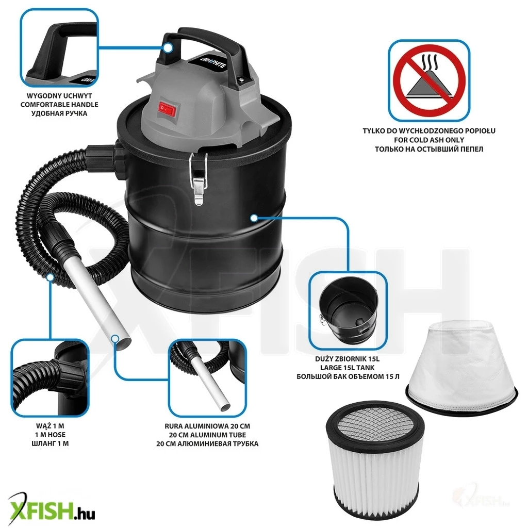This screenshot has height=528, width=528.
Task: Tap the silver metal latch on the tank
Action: pos(199,178)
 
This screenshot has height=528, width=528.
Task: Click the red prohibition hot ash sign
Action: pos(430,80)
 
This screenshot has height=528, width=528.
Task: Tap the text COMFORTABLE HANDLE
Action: pos(59,105)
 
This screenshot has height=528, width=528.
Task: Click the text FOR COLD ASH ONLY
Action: pos(429,140)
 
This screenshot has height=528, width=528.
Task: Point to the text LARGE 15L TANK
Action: pos(347,368)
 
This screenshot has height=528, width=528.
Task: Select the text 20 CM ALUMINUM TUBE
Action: pos(207,435)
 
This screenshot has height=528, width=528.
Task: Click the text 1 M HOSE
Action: pos(50,435)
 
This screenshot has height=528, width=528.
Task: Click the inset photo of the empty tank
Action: pos(348,310)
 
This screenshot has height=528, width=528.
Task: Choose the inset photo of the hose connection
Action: pos(50,378)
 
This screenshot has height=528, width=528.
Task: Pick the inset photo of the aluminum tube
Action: pos(207,378)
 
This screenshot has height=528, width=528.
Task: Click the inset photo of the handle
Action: pos(59,47)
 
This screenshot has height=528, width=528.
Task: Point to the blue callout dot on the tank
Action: pos(254,218)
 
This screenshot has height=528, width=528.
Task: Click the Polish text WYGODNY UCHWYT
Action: pos(59,96)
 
